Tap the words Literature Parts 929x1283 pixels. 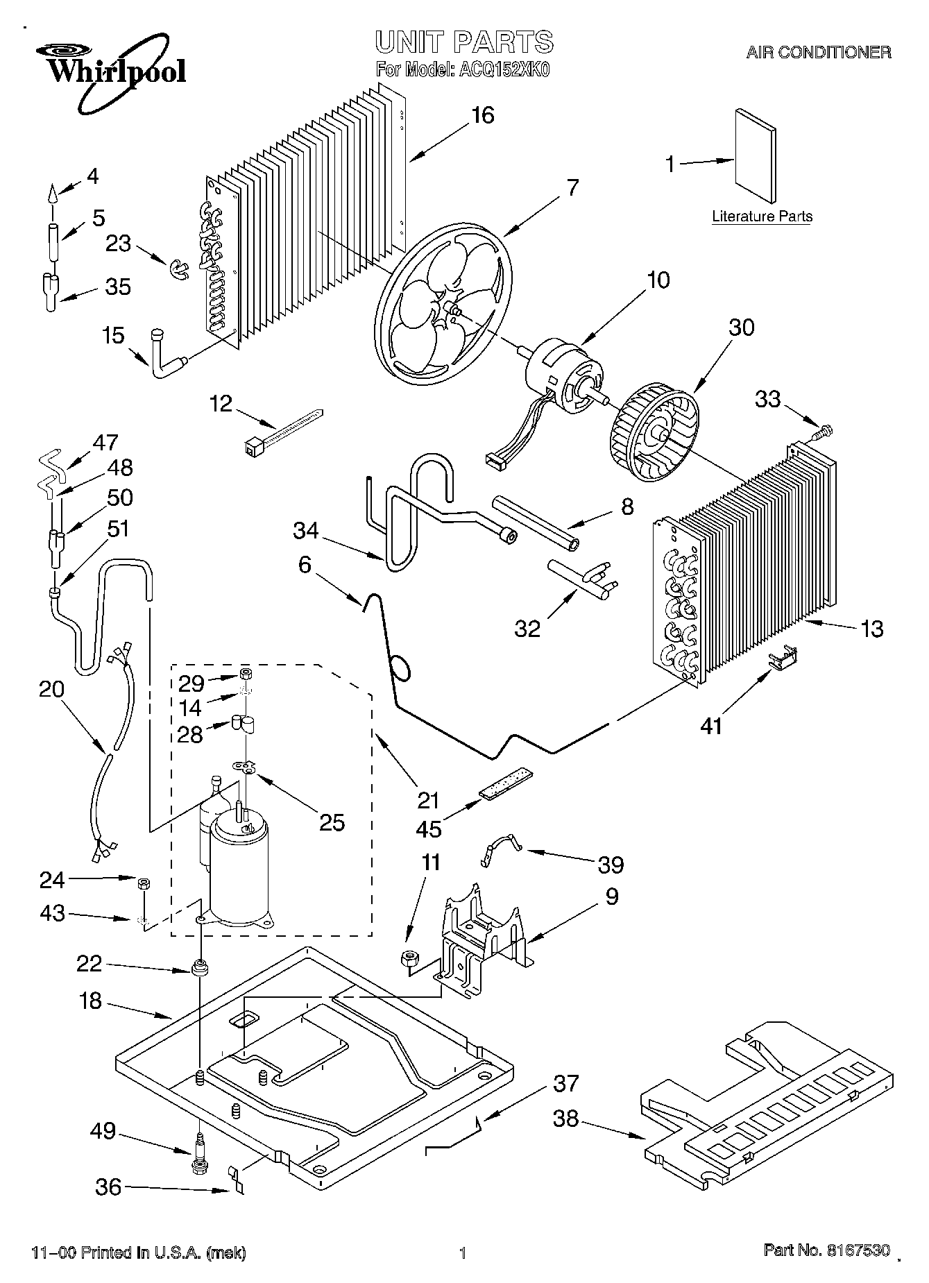(x=762, y=216)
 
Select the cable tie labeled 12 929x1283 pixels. (x=284, y=430)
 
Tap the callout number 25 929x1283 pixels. (x=332, y=822)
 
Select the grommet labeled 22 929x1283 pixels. (x=201, y=967)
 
